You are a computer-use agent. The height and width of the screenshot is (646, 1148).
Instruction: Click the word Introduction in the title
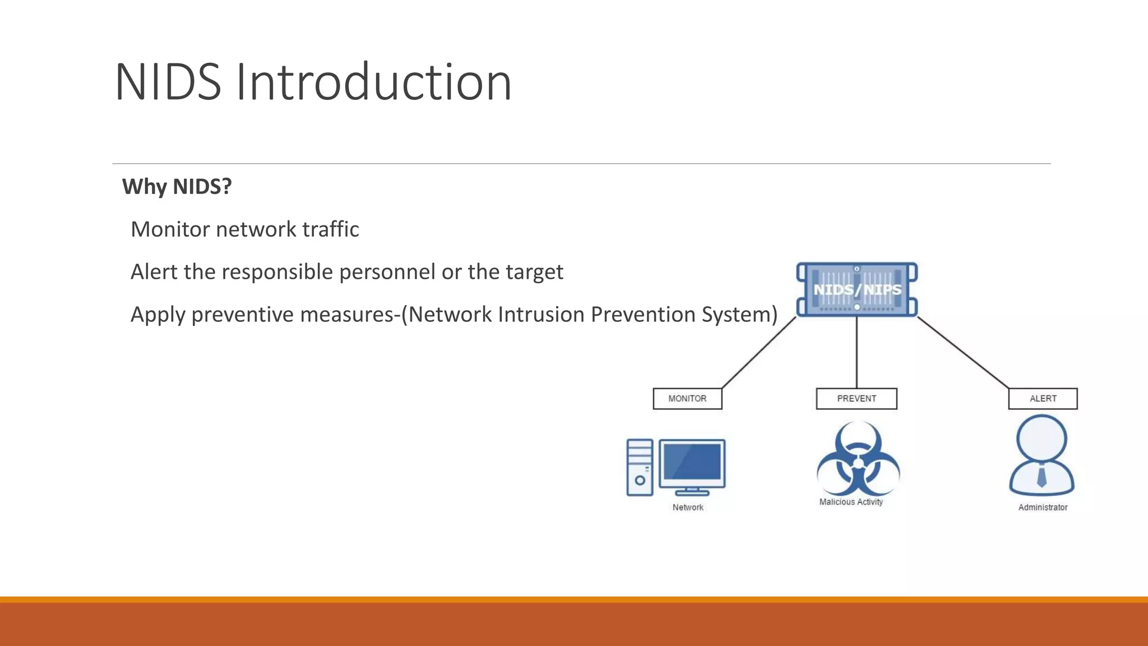[373, 82]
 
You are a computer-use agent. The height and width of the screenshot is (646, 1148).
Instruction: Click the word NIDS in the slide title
[168, 82]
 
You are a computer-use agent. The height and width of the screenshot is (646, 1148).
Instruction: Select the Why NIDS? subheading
[177, 186]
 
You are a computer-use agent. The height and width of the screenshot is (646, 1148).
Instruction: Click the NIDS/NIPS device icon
[857, 289]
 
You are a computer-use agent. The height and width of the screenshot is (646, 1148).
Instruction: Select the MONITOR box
[687, 399]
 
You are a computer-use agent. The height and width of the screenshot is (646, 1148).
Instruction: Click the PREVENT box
[856, 399]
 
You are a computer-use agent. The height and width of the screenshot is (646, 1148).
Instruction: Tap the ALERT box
[1043, 399]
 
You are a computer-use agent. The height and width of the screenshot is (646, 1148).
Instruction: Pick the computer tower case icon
[640, 467]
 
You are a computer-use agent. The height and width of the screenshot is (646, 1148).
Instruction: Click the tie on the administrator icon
[1041, 477]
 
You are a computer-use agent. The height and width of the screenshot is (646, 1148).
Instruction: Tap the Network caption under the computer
[688, 507]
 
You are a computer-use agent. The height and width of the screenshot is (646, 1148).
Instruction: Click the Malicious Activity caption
[851, 502]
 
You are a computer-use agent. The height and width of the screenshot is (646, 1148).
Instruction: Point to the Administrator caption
[1043, 507]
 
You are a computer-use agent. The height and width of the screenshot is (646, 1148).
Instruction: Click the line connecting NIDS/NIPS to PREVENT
[857, 353]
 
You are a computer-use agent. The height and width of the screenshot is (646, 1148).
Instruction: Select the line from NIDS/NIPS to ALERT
[963, 353]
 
